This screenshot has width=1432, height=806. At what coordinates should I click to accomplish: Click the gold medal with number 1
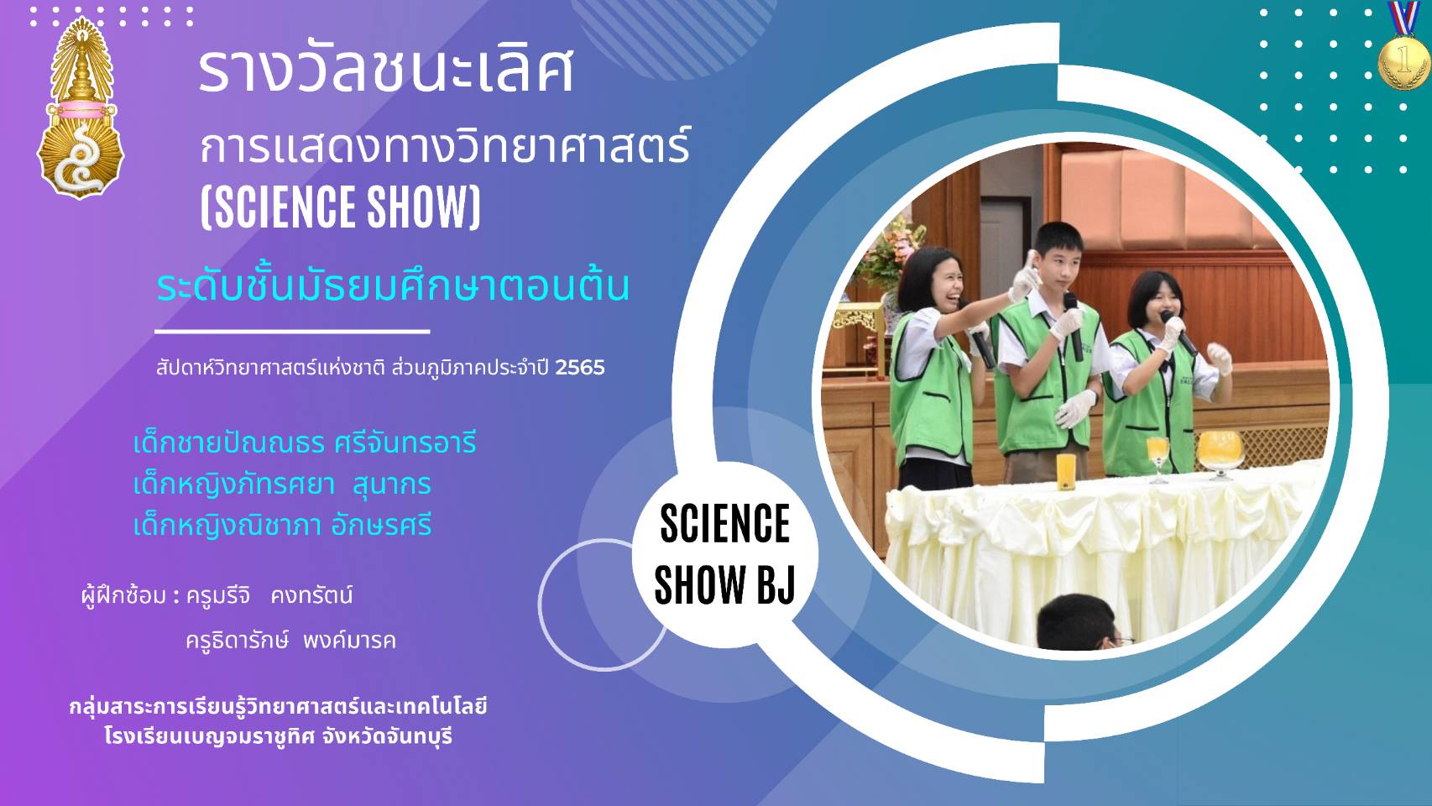(x=1404, y=62)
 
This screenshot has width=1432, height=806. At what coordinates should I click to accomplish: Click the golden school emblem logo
(x=81, y=107)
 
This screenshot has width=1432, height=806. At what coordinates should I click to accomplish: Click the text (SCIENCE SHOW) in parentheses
(x=340, y=207)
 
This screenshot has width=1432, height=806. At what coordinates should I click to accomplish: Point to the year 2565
(x=580, y=368)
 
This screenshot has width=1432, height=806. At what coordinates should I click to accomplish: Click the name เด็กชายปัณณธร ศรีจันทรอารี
(x=305, y=442)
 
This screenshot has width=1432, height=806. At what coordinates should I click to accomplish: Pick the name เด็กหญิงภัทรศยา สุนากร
(x=282, y=485)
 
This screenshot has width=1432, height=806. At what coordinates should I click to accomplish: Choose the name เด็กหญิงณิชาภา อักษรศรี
(x=283, y=526)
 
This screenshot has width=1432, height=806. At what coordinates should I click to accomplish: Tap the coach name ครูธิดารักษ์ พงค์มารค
(x=291, y=640)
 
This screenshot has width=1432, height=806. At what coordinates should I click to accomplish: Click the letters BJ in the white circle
(x=776, y=584)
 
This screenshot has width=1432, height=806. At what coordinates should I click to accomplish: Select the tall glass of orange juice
(x=1066, y=472)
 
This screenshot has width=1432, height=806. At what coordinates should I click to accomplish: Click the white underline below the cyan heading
(x=292, y=332)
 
